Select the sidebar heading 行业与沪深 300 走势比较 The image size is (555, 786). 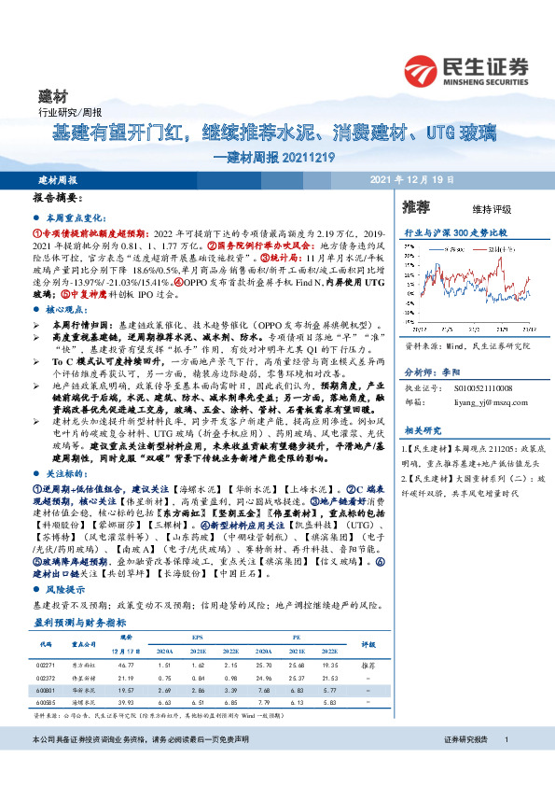(454, 230)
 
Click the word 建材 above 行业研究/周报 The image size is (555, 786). (52, 96)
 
